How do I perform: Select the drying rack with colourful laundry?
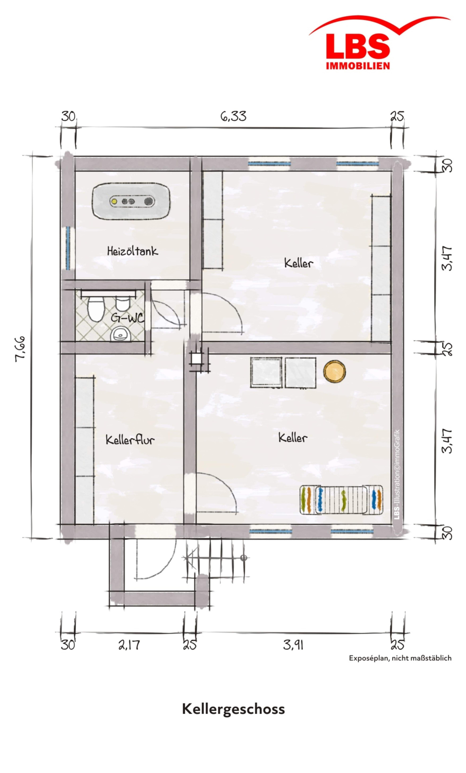pyautogui.click(x=341, y=499)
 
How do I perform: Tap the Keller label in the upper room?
pyautogui.click(x=298, y=263)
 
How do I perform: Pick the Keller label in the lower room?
pyautogui.click(x=293, y=437)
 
